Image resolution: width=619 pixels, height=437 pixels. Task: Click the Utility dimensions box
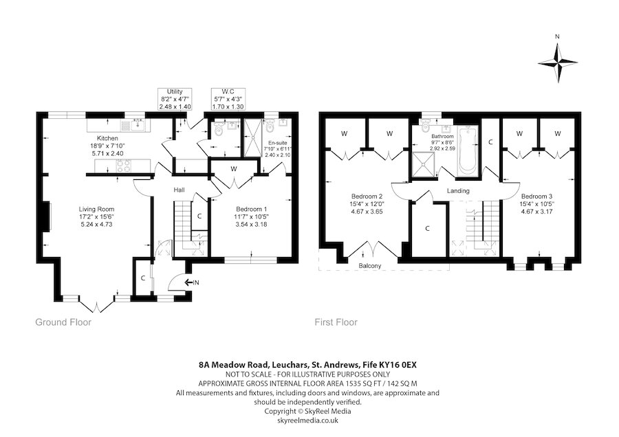(x=175, y=99)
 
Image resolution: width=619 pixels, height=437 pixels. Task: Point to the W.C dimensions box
(x=228, y=99)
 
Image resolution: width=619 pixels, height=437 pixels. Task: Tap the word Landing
(x=458, y=190)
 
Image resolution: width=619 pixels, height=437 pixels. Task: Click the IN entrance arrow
(x=191, y=282)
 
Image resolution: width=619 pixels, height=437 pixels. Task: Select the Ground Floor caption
(x=63, y=322)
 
